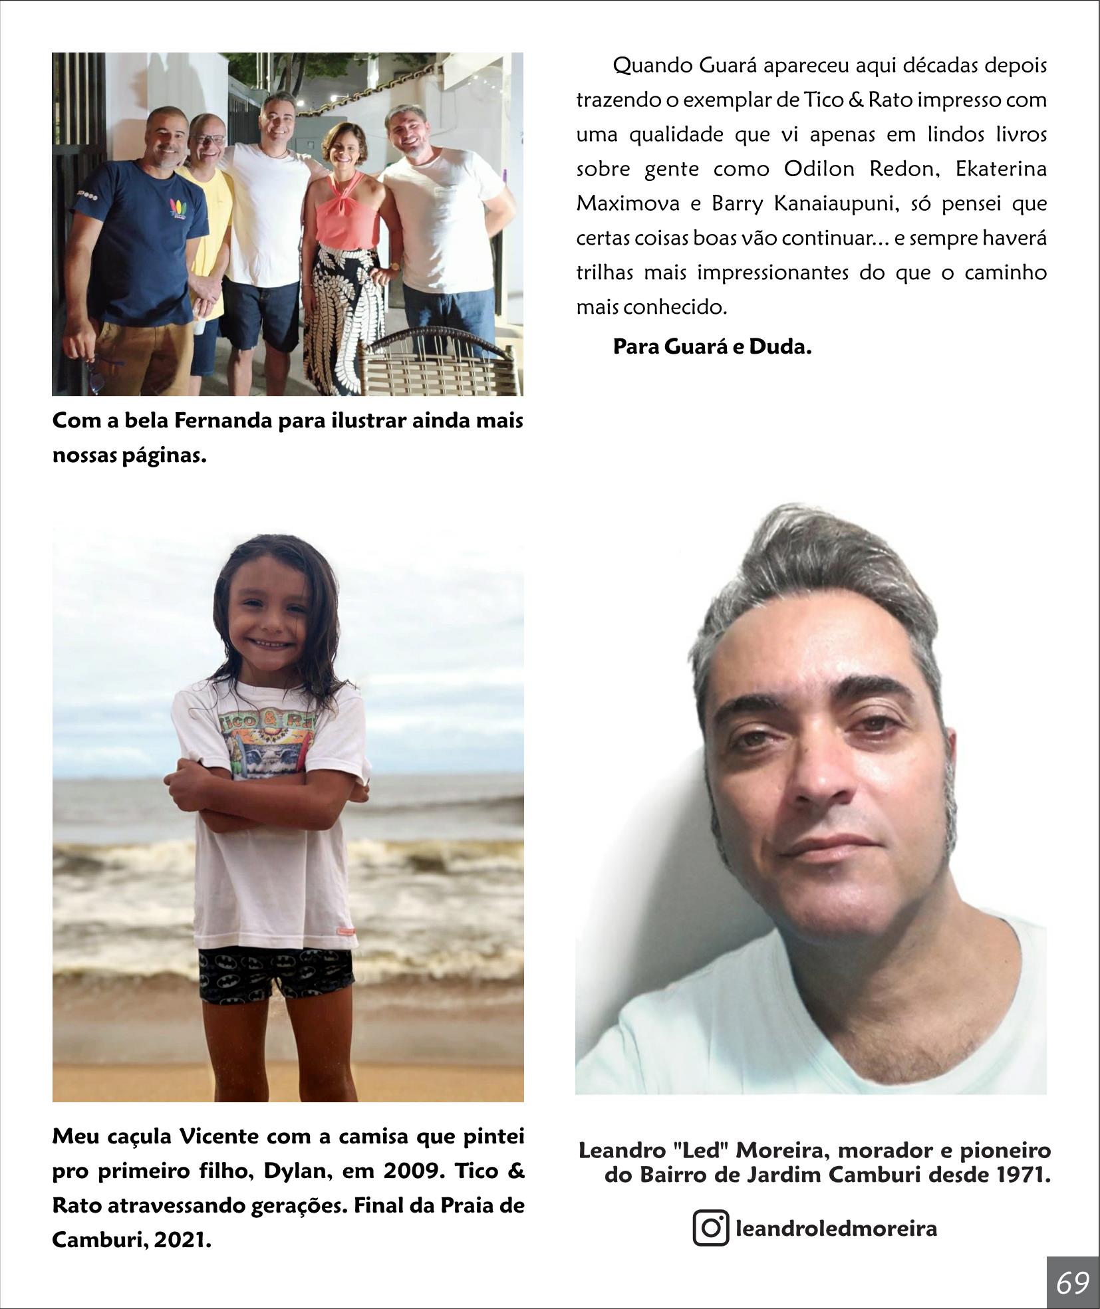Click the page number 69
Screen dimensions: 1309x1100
tap(1073, 1282)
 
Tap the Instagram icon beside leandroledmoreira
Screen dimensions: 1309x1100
tap(710, 1227)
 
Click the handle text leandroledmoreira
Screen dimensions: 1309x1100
tap(836, 1228)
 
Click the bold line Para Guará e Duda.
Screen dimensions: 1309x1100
tap(712, 347)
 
